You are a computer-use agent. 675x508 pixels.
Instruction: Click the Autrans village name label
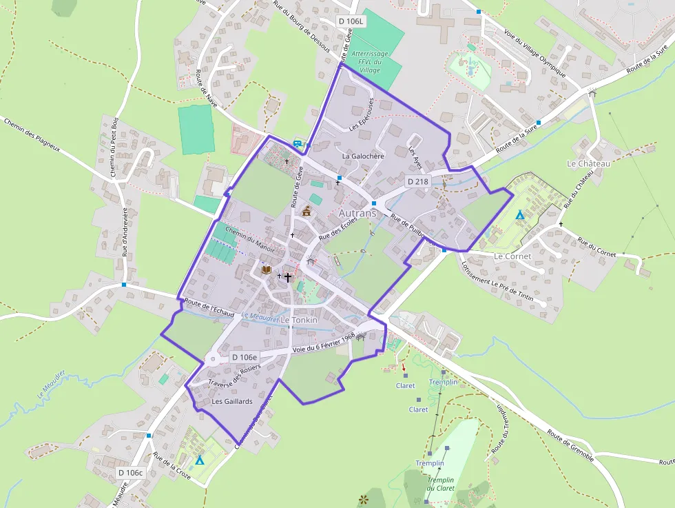tap(358, 214)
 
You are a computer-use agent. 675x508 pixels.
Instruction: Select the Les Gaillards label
tap(232, 401)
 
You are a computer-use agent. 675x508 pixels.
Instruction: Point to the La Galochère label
tap(363, 156)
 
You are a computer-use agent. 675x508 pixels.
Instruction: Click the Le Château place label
tap(588, 163)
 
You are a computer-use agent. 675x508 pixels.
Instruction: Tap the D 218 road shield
tap(417, 181)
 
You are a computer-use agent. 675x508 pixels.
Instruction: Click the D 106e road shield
tap(245, 357)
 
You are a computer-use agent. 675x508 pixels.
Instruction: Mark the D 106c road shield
tap(130, 473)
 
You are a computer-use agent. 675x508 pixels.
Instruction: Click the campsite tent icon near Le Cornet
tap(520, 214)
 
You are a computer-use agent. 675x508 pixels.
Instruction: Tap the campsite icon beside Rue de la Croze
tap(200, 460)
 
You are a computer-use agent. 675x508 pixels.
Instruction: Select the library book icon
tap(267, 270)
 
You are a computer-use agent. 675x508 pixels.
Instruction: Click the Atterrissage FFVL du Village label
tap(370, 61)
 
